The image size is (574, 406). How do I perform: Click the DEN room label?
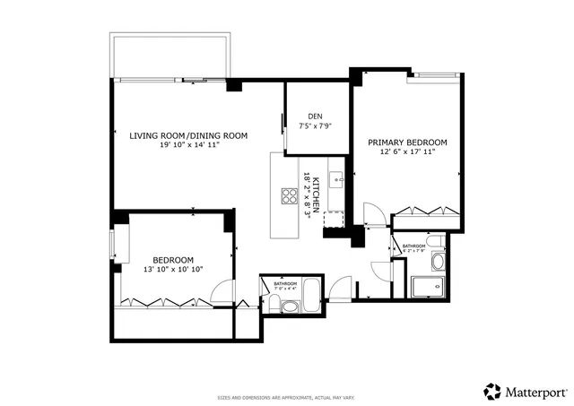(x=315, y=117)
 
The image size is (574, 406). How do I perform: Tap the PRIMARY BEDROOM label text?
(x=407, y=143)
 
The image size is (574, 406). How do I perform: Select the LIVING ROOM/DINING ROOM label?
(x=188, y=135)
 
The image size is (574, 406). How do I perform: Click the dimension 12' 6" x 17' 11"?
(x=407, y=152)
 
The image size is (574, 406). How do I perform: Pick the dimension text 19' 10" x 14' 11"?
(x=190, y=144)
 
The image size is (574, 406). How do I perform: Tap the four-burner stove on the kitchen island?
(x=291, y=196)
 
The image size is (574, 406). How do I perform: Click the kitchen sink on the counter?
(x=335, y=178)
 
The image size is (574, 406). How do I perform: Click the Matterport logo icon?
(x=492, y=392)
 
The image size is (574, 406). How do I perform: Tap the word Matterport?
(x=535, y=392)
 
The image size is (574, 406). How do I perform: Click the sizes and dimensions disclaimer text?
(x=286, y=397)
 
